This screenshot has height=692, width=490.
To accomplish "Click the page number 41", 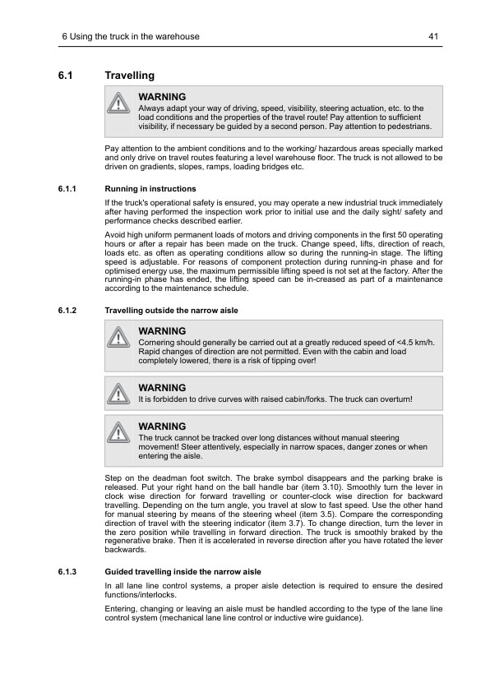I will click(x=434, y=36).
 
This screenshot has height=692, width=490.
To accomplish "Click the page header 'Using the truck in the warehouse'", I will click(x=135, y=36).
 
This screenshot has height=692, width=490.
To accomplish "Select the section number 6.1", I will click(x=66, y=76).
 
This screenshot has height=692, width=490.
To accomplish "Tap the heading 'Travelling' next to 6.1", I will click(x=129, y=76).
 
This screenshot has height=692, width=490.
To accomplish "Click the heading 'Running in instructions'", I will click(x=150, y=189).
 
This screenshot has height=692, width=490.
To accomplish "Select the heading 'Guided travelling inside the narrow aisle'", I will click(x=183, y=571).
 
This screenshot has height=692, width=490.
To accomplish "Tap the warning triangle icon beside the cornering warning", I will click(x=120, y=338).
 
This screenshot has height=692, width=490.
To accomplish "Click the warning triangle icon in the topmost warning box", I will click(x=120, y=104).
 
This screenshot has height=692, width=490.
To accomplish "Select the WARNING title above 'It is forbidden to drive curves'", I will click(x=162, y=388).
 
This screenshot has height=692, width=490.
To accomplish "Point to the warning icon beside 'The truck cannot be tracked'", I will click(x=120, y=432).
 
